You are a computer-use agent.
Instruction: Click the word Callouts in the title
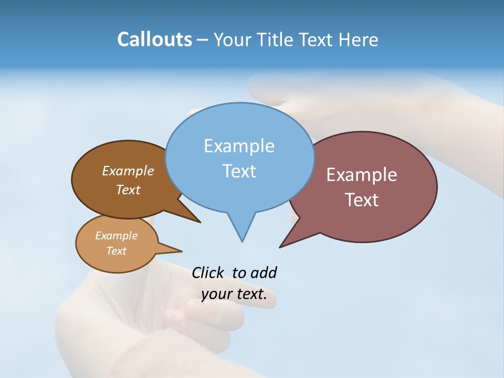(x=154, y=39)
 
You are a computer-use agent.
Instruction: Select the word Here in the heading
(x=358, y=39)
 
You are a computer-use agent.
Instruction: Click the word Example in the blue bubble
(x=239, y=146)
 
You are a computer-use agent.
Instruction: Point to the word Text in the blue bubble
(x=239, y=171)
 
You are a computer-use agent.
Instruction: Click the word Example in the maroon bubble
(x=362, y=175)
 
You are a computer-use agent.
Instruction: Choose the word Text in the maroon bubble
(x=362, y=200)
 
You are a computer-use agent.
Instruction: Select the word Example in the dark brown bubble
(x=128, y=171)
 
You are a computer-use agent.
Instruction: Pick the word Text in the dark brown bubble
(x=128, y=190)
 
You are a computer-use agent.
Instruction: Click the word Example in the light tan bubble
(x=116, y=236)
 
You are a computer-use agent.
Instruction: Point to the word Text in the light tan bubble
(x=117, y=251)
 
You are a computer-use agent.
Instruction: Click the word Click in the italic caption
(x=208, y=272)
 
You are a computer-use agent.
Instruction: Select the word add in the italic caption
(x=264, y=272)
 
